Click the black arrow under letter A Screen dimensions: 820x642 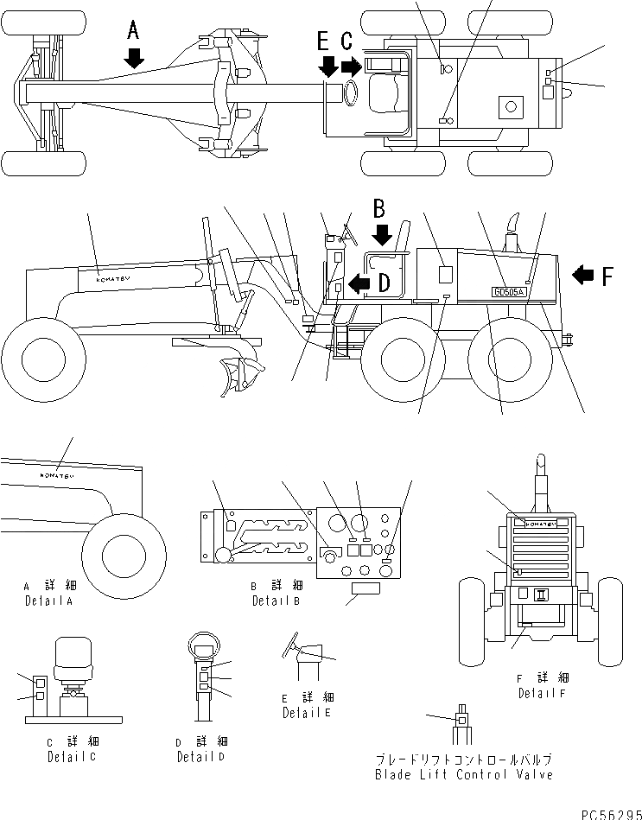(x=133, y=57)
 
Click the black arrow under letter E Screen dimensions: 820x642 (x=327, y=66)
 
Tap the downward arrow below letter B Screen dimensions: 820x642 (x=380, y=233)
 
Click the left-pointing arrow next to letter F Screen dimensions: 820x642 (x=584, y=275)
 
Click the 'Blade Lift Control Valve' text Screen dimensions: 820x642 (x=464, y=775)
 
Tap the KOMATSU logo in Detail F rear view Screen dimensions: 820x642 (x=540, y=522)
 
